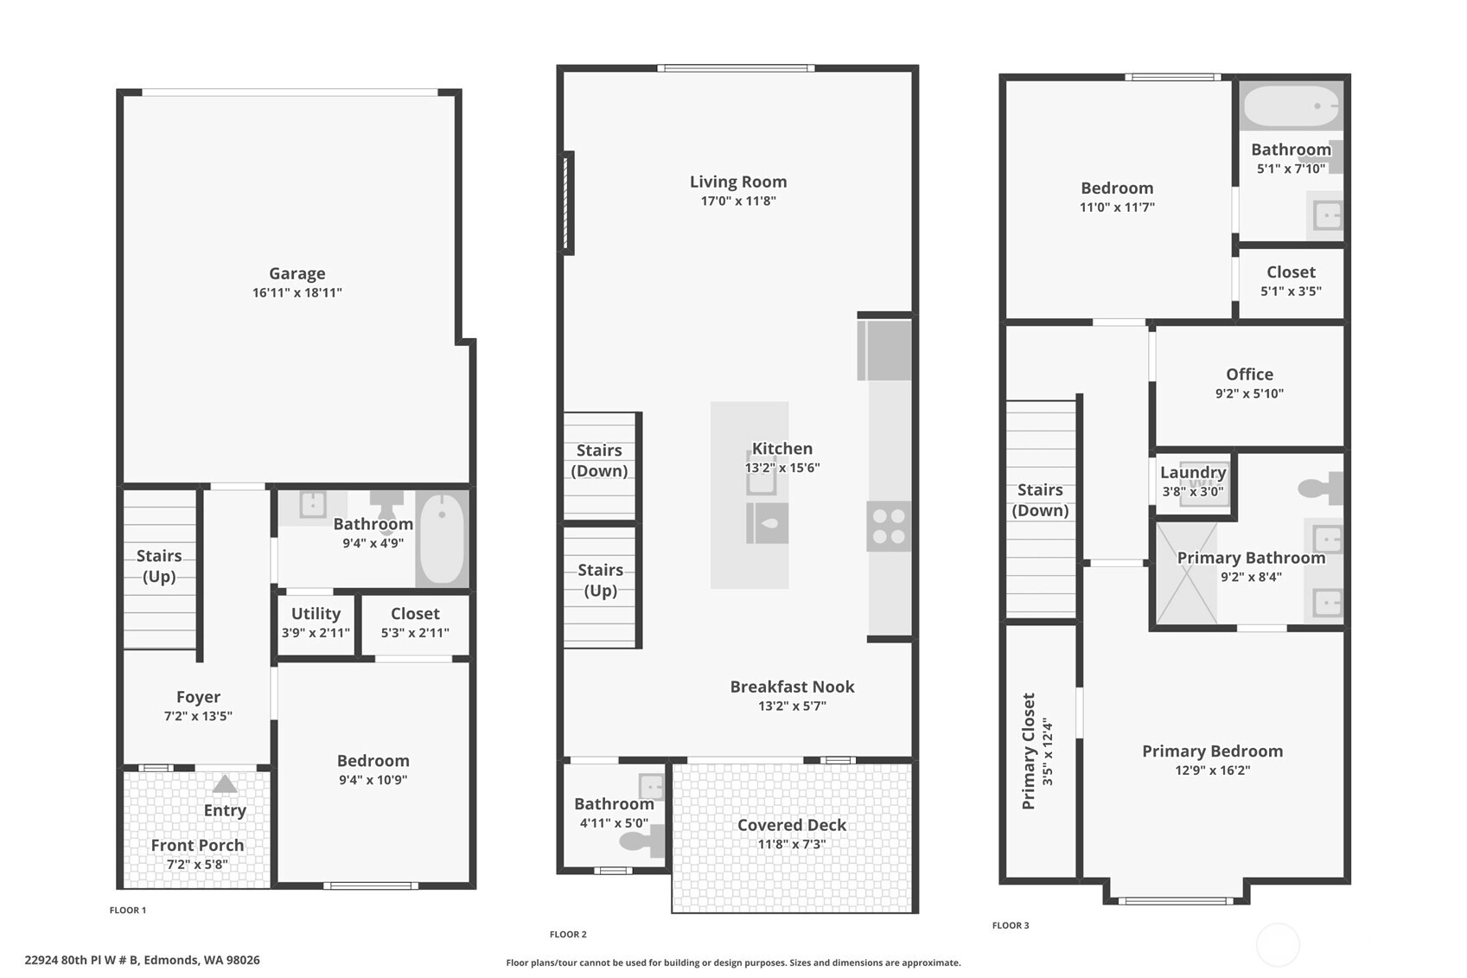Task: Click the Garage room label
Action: point(297,273)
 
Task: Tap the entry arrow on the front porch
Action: point(225,784)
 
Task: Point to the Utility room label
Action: point(316,614)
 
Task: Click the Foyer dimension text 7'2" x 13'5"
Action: point(198,716)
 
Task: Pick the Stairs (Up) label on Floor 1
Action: point(159,566)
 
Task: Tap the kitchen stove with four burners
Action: point(889,526)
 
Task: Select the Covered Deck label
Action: point(792,825)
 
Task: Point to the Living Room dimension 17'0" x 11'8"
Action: point(738,201)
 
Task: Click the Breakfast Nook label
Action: point(792,687)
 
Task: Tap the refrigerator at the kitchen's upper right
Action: point(884,350)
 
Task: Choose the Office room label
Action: point(1249,374)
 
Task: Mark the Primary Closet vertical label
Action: point(1029,751)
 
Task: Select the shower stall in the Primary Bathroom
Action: point(1187,574)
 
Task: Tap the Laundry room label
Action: point(1193,472)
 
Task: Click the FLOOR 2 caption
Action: point(568,934)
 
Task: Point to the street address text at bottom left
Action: point(142,961)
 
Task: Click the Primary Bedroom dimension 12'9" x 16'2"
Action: point(1212,770)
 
